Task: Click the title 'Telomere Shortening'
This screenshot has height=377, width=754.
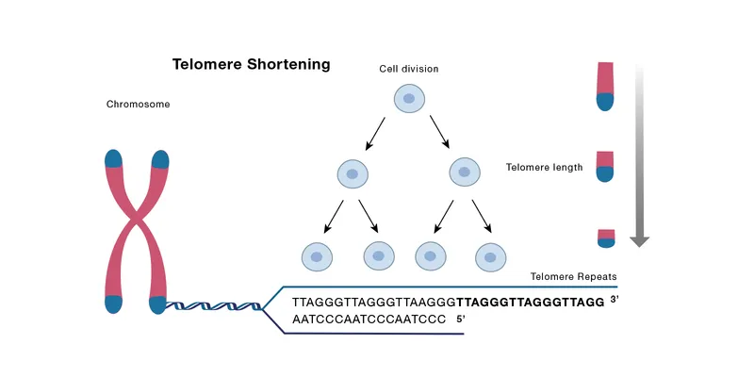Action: tap(251, 65)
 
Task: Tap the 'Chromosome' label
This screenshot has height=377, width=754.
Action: tap(138, 105)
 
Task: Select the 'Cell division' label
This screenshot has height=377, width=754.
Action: tap(408, 69)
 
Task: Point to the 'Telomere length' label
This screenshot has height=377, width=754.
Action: tap(544, 168)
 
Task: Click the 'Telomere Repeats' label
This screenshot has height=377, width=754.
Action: tap(573, 277)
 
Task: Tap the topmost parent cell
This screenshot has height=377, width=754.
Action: tap(408, 98)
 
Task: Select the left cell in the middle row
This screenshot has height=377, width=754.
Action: tap(352, 174)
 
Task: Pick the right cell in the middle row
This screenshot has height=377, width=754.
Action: tap(465, 172)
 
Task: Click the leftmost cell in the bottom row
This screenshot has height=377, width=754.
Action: tap(317, 255)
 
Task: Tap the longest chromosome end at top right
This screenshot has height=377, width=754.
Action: tap(605, 86)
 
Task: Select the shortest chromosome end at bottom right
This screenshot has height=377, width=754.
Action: tap(605, 238)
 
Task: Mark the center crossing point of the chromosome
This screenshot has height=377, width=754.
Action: tap(138, 226)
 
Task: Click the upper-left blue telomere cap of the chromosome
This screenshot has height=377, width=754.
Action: tap(114, 158)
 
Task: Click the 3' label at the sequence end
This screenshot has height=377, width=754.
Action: tap(614, 300)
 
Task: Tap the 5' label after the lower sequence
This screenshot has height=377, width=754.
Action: tap(461, 320)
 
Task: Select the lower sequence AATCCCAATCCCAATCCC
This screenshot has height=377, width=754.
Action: tap(369, 320)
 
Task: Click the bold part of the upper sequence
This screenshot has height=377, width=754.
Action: tap(529, 303)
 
